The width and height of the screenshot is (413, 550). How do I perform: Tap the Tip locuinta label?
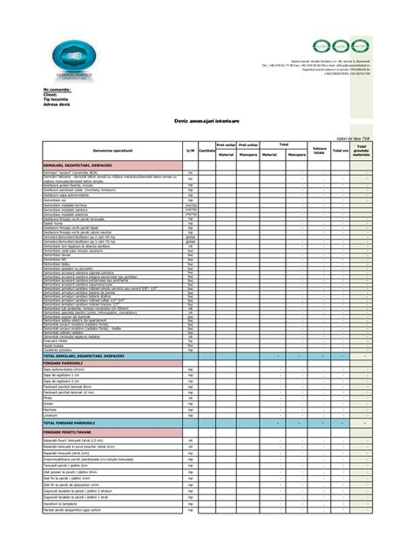click(58, 98)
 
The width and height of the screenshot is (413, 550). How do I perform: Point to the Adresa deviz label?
click(58, 103)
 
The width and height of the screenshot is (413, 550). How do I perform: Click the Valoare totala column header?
click(319, 151)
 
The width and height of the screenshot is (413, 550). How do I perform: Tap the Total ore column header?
click(340, 151)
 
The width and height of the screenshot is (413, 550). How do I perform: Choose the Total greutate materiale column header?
click(361, 151)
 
